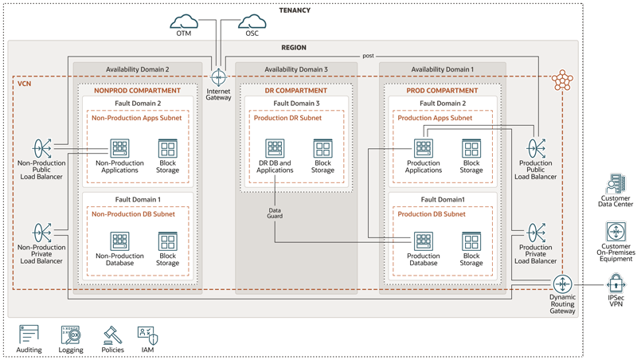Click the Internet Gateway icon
pos(218,77)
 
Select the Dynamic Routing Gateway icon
pos(563,284)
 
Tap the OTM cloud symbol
pos(184,22)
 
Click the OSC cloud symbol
pos(252,22)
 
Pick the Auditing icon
pos(29,334)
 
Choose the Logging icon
pos(71,334)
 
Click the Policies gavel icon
pos(112,334)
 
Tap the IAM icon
pos(147,334)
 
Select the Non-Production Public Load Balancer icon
pos(41,148)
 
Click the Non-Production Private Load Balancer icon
pos(41,233)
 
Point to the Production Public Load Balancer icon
pos(536,148)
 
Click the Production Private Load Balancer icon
pos(536,233)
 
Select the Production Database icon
pos(423,241)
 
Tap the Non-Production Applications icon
pos(119,148)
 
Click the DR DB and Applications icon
pos(275,148)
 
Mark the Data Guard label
pos(275,213)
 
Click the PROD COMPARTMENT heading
pos(442,91)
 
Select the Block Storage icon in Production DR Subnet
pos(322,148)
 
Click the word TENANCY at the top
pos(295,10)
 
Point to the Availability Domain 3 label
pos(296,69)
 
